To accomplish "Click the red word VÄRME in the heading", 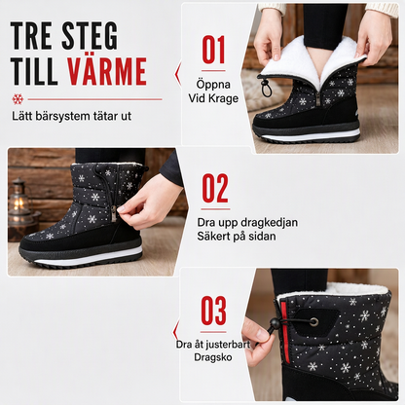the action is [x=107, y=71].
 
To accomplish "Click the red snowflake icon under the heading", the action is [x=18, y=99].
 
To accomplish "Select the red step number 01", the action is [x=213, y=50].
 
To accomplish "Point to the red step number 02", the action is [x=215, y=188].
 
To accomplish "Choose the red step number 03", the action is [x=213, y=311].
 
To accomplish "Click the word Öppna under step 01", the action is [x=213, y=85].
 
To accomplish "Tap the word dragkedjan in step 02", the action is [x=270, y=223].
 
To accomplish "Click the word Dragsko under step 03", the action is [x=213, y=357].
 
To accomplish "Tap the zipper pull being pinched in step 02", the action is [x=114, y=213].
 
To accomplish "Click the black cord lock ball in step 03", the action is [x=276, y=323].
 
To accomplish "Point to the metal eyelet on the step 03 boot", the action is [x=313, y=322].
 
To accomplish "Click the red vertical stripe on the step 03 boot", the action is [x=285, y=333].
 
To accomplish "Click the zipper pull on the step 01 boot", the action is [x=317, y=98].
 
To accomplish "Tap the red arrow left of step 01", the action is [x=178, y=74].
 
